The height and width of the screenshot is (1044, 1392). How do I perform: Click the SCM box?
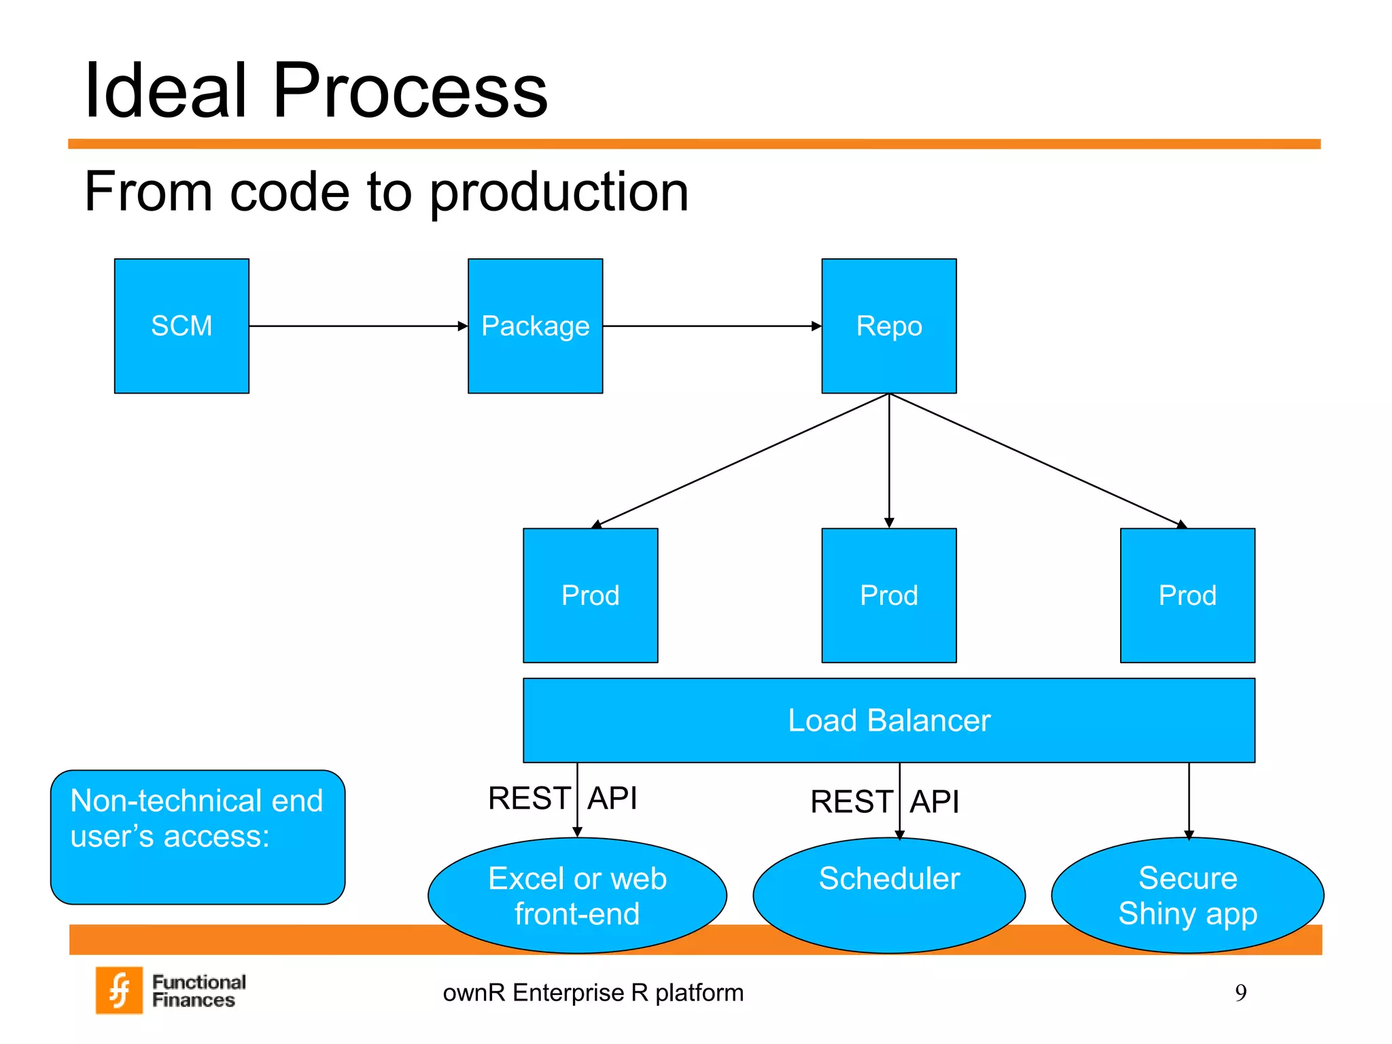pos(181,326)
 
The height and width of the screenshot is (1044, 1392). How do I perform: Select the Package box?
pos(535,326)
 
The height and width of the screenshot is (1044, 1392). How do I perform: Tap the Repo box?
pos(888,326)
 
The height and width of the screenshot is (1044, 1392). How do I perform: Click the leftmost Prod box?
pos(590,595)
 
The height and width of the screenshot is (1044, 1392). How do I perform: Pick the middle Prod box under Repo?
pos(888,595)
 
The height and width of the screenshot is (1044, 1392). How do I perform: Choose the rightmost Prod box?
pos(1187,595)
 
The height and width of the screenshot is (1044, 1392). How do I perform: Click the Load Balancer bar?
pos(888,720)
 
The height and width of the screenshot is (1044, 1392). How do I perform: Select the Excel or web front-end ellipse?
pos(577,896)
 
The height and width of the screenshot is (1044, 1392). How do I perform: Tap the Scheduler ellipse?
pos(888,896)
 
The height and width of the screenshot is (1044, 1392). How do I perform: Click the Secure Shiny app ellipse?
pos(1187,896)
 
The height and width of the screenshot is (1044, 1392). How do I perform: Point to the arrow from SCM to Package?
pos(358,326)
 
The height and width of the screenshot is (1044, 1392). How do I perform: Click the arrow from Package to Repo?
pos(712,326)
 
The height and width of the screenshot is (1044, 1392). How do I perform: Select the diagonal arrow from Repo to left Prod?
pos(741,460)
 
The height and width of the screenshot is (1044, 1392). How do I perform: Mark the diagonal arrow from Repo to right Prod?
pos(1038,460)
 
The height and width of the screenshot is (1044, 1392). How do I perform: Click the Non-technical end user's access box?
pos(197,837)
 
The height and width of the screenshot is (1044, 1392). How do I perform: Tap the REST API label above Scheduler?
pos(884,802)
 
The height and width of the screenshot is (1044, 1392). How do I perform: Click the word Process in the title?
pos(410,90)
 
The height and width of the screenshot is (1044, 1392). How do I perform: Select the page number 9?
pos(1240,993)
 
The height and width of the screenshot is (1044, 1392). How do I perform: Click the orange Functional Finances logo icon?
pos(120,990)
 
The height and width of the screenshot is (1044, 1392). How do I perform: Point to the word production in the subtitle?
pos(559,192)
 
